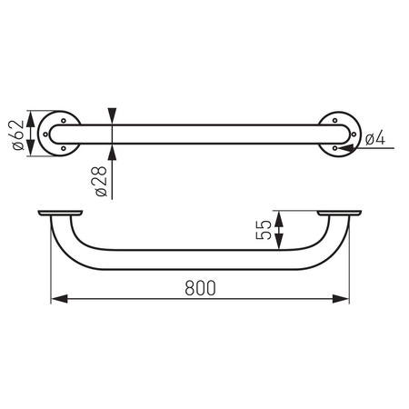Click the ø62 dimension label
[17, 133]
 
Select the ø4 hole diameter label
[376, 137]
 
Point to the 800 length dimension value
[201, 287]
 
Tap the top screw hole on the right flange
[340, 117]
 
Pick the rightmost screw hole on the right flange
[355, 133]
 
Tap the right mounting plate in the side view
[341, 214]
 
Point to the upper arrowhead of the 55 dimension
[280, 217]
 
